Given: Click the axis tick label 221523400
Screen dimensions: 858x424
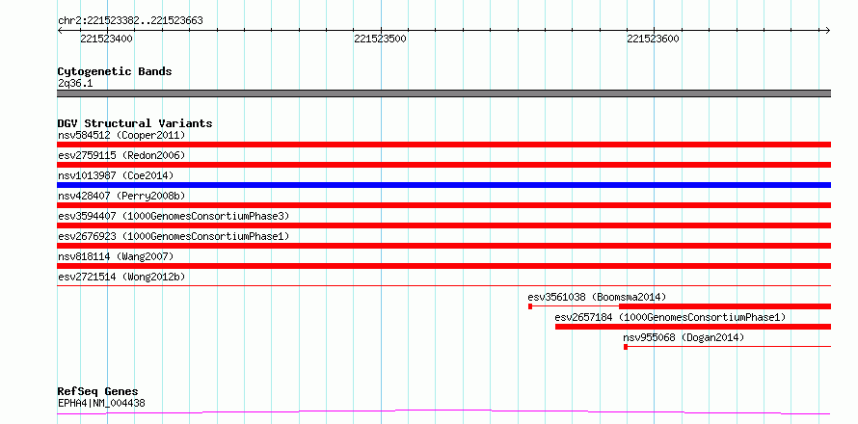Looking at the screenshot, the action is click(x=106, y=39).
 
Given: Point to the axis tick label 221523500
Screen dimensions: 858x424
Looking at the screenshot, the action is click(x=380, y=39).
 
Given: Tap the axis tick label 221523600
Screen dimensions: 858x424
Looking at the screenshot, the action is click(x=654, y=39).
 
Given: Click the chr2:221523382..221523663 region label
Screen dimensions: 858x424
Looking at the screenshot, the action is click(x=130, y=21).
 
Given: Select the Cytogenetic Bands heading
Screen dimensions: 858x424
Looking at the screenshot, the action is click(x=115, y=71).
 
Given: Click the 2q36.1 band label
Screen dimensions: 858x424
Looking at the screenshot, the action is click(x=75, y=84).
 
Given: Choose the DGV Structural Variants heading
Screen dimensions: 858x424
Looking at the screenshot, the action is click(x=135, y=123).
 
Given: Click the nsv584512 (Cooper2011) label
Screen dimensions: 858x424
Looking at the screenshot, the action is click(x=121, y=135).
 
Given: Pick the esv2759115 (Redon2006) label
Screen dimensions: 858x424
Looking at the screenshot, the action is click(x=121, y=155).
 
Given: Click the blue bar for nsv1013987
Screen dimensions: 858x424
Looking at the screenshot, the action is click(x=443, y=185).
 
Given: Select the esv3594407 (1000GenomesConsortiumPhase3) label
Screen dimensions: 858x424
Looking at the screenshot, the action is click(x=174, y=216).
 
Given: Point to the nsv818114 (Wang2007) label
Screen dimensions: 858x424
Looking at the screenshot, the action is click(x=116, y=256).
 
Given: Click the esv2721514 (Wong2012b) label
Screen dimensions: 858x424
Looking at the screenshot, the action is click(x=121, y=277).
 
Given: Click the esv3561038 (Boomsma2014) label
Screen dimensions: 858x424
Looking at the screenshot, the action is click(x=597, y=297).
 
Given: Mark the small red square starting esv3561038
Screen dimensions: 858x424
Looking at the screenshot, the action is click(x=530, y=306).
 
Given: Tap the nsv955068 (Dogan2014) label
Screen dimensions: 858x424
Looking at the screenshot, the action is click(x=684, y=337).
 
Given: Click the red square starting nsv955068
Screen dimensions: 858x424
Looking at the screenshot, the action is click(x=626, y=347).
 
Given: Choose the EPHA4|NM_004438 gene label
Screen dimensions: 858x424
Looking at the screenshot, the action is click(x=101, y=404).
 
